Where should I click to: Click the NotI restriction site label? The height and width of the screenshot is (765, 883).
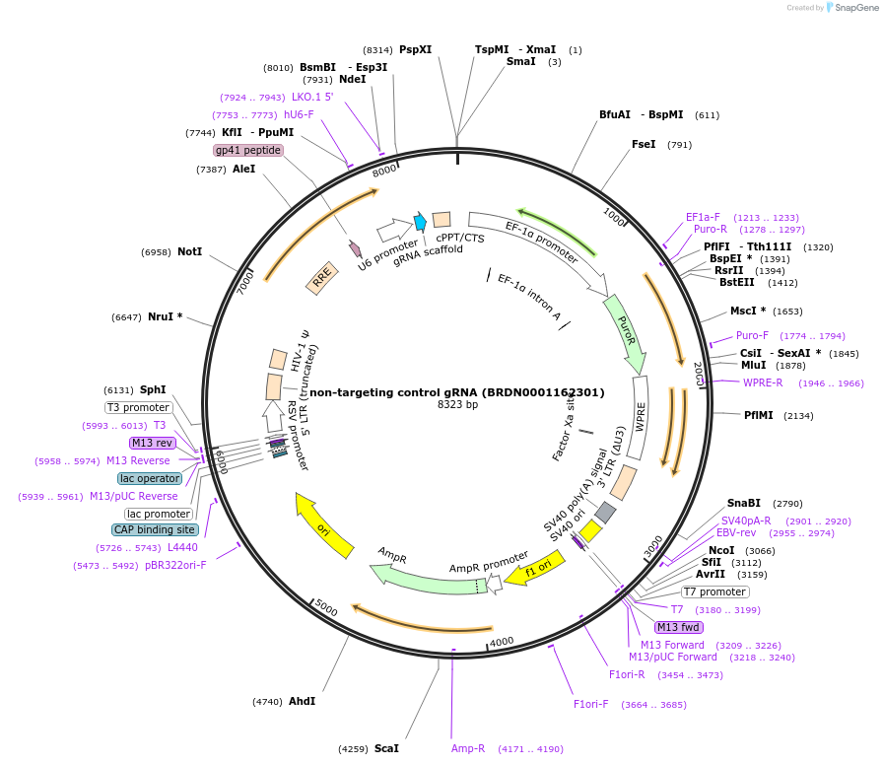(189, 252)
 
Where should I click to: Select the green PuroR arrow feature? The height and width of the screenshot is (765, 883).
(624, 330)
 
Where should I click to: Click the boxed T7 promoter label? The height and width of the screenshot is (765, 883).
(715, 592)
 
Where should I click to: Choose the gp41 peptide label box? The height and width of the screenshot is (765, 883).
(248, 151)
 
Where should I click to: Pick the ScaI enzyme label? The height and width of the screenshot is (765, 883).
(386, 749)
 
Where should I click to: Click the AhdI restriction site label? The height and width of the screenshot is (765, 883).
(302, 702)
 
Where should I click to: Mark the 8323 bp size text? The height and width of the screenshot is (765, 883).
(457, 405)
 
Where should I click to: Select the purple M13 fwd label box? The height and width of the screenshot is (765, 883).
(679, 627)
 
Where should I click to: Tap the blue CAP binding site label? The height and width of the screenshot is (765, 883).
(155, 530)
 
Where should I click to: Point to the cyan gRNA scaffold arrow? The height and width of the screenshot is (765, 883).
(420, 223)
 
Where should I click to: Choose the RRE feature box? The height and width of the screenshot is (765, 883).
(321, 280)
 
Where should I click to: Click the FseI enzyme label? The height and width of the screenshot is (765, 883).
(644, 145)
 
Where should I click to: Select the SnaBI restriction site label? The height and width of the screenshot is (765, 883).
(744, 503)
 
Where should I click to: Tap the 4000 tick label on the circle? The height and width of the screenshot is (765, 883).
(502, 641)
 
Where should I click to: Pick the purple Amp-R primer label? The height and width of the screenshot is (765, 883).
(468, 749)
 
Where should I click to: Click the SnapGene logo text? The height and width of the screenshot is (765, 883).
(853, 8)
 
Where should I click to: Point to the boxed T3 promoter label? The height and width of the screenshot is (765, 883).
(139, 407)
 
